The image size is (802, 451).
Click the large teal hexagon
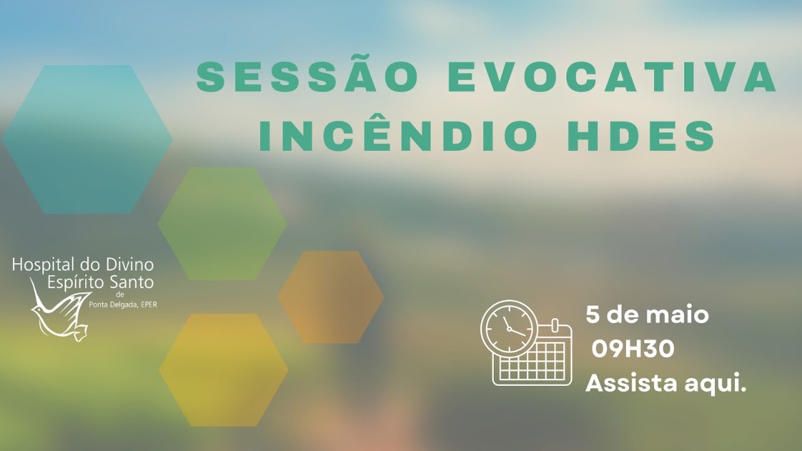pyautogui.click(x=87, y=139)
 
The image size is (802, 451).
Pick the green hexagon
pyautogui.click(x=222, y=223)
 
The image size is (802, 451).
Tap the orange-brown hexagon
pyautogui.click(x=331, y=297)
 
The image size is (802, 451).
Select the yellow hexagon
pyautogui.click(x=224, y=370)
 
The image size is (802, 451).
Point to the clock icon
pyautogui.click(x=508, y=327)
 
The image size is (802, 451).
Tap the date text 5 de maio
pyautogui.click(x=647, y=314)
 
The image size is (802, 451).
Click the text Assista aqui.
pyautogui.click(x=666, y=383)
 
